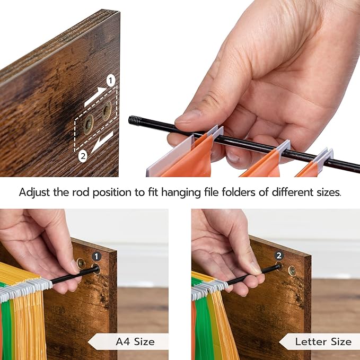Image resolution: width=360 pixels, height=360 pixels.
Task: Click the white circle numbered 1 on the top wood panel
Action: pyautogui.click(x=111, y=81)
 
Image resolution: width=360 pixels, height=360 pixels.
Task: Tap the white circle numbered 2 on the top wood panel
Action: pyautogui.click(x=83, y=156)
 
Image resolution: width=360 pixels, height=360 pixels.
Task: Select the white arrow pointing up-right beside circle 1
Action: pyautogui.click(x=95, y=96)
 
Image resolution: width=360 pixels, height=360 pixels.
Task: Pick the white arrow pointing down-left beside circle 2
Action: pyautogui.click(x=102, y=142)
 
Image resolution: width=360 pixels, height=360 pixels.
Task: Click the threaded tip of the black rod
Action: pyautogui.click(x=134, y=120)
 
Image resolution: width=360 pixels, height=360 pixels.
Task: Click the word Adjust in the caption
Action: pyautogui.click(x=34, y=192)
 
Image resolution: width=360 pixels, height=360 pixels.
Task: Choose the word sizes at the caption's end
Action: pyautogui.click(x=329, y=192)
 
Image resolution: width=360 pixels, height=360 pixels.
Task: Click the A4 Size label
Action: pyautogui.click(x=135, y=341)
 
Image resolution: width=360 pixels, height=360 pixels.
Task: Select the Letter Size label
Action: pyautogui.click(x=323, y=341)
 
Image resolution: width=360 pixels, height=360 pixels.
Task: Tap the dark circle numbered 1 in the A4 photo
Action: pyautogui.click(x=96, y=257)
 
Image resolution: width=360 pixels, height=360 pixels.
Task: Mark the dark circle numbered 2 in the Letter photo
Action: pyautogui.click(x=279, y=256)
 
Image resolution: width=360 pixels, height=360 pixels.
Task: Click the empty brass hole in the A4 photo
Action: pyautogui.click(x=81, y=264)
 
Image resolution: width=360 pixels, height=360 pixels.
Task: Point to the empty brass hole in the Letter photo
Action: pyautogui.click(x=292, y=271)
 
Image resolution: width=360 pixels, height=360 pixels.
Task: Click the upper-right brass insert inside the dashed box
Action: pyautogui.click(x=107, y=111)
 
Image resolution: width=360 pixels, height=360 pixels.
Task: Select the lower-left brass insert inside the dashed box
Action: pyautogui.click(x=89, y=124)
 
